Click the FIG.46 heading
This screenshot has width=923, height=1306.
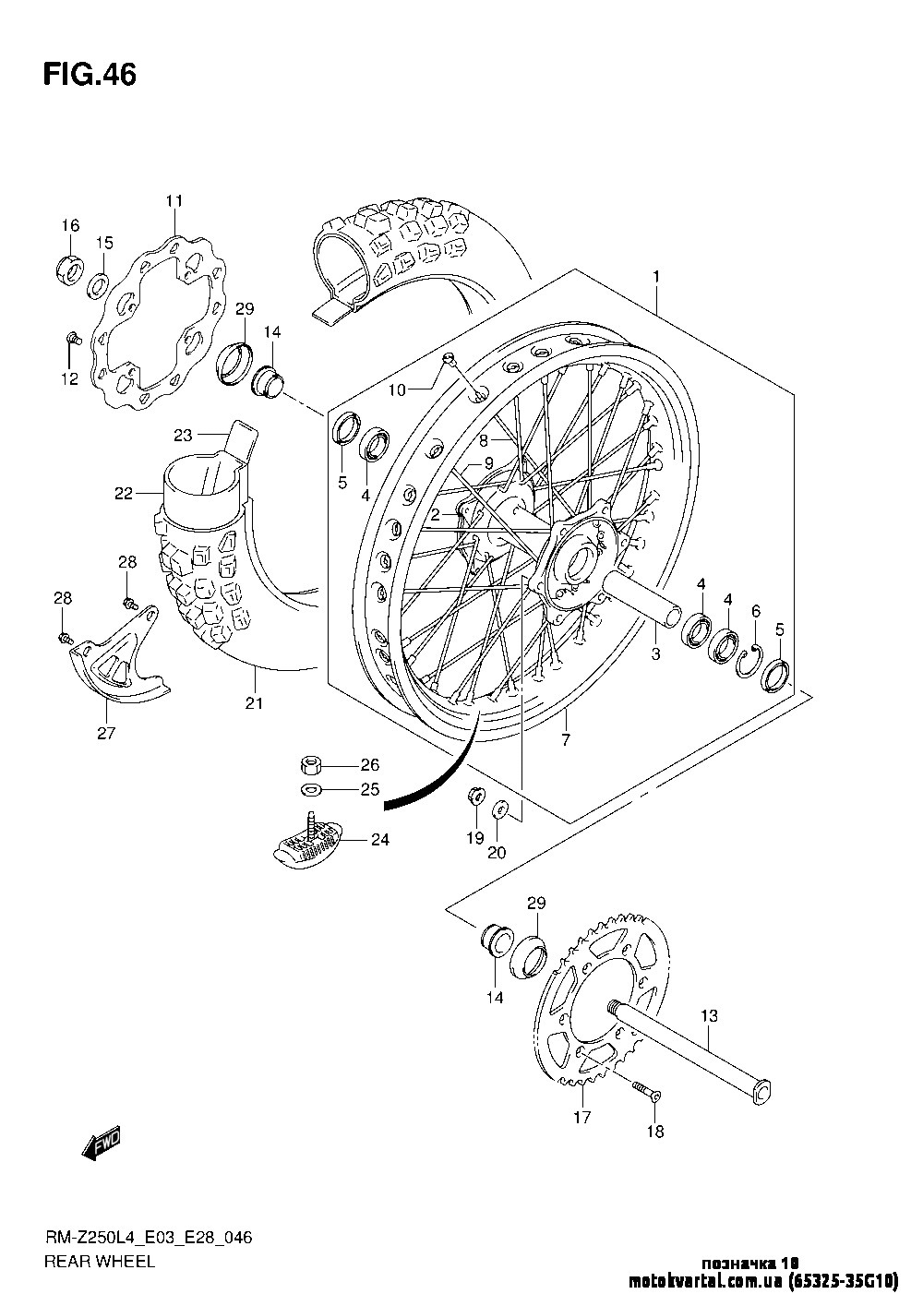[90, 74]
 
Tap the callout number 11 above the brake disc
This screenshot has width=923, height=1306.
[174, 201]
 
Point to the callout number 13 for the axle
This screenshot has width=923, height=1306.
[709, 1016]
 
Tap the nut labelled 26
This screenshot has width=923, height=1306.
[311, 764]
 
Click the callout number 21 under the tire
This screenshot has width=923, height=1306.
[254, 703]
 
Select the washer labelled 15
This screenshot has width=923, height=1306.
[97, 285]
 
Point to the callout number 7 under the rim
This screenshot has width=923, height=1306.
[565, 740]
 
